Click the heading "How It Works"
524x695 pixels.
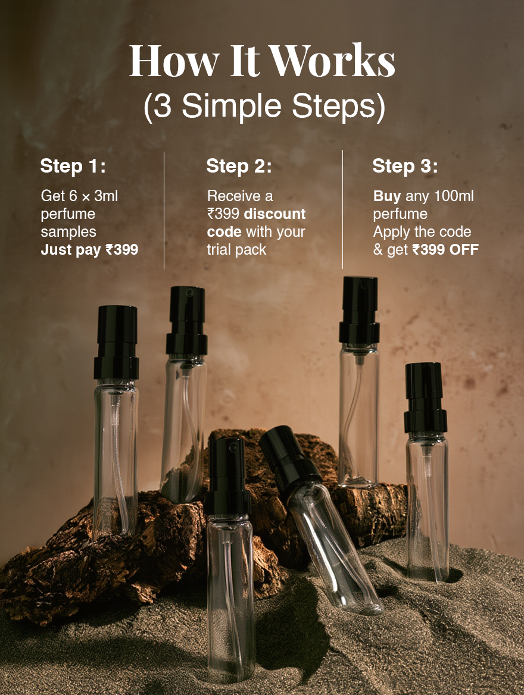tap(262, 61)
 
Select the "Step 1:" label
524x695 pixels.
tap(73, 166)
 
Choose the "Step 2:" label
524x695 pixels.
tap(239, 166)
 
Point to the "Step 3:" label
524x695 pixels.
tap(405, 166)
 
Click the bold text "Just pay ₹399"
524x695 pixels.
tap(89, 250)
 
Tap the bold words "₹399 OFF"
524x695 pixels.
tap(445, 250)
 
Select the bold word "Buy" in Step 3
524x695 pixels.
tap(387, 196)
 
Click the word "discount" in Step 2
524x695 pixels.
tap(275, 214)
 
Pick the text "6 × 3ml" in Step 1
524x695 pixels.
tap(96, 196)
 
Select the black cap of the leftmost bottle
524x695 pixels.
tap(116, 342)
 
